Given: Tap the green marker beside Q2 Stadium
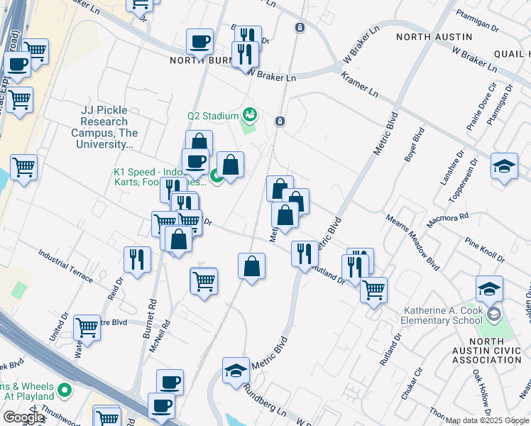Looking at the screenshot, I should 249,114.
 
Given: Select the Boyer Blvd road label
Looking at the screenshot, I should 414,145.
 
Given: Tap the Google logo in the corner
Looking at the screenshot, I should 23,417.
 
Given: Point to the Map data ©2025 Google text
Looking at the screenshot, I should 487,420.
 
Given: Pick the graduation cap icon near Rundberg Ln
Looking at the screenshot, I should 236,370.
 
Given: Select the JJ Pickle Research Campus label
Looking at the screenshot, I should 104,127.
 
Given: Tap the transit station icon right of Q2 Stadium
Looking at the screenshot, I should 280,121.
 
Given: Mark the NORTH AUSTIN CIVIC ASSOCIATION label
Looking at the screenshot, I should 487,351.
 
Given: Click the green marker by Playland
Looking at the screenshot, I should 65,390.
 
